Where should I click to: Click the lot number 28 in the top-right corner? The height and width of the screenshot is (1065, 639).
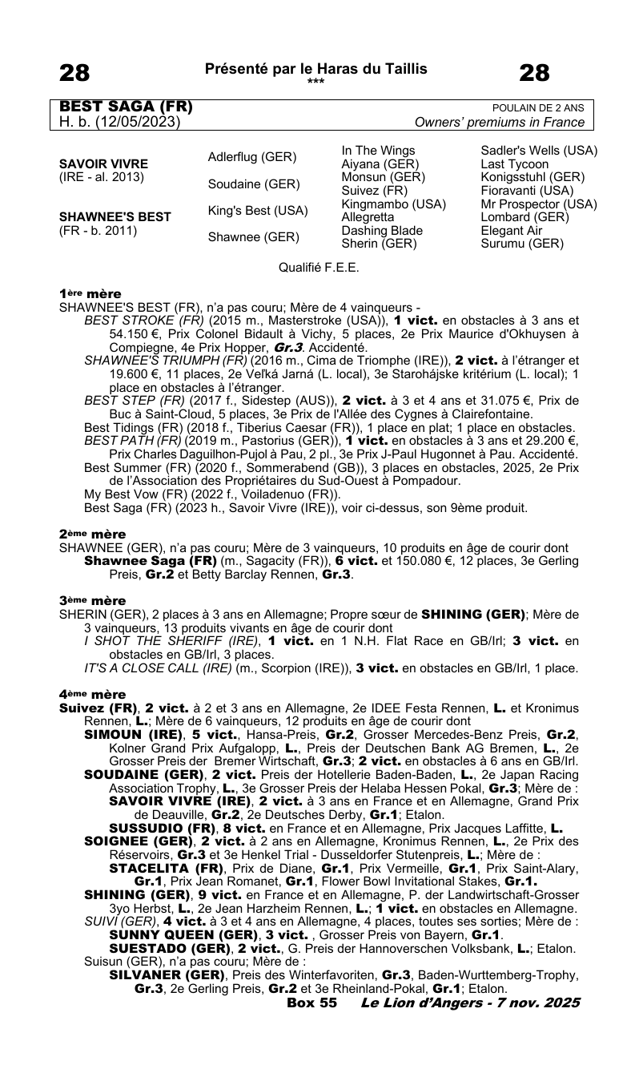(x=534, y=74)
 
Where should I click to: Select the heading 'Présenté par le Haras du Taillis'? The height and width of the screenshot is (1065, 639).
(x=316, y=69)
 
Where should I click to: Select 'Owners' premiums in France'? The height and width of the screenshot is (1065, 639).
(x=500, y=123)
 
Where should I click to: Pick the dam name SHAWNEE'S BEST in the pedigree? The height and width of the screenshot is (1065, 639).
(x=106, y=217)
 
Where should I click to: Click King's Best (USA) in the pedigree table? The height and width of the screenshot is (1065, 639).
(x=258, y=211)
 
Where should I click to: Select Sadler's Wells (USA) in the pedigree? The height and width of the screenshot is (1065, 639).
(x=539, y=151)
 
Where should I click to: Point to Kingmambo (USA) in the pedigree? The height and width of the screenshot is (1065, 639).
(x=393, y=204)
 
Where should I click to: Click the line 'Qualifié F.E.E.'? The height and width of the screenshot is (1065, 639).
(x=319, y=267)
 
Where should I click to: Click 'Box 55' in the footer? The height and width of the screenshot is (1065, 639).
(x=311, y=1002)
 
